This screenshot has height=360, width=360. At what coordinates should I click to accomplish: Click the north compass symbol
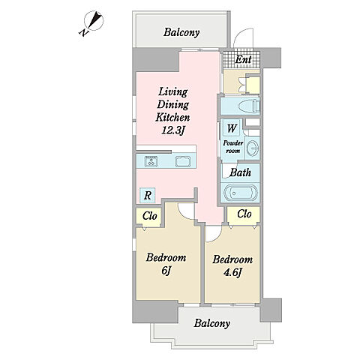(94, 21)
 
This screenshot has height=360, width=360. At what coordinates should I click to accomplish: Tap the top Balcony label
(181, 32)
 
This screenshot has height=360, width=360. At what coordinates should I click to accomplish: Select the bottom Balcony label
(212, 323)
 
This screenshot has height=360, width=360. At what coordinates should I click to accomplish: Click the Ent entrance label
(244, 59)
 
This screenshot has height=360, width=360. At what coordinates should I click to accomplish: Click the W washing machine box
(232, 128)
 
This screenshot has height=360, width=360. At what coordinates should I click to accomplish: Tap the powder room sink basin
(253, 148)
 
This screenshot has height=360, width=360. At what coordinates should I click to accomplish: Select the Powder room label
(233, 147)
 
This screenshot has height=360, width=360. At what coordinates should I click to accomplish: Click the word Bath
(240, 172)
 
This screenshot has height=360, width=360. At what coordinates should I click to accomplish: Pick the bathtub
(240, 193)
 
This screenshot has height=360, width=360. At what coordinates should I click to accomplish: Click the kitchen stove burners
(151, 161)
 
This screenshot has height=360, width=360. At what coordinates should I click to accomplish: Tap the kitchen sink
(183, 161)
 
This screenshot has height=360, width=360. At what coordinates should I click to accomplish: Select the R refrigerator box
(148, 195)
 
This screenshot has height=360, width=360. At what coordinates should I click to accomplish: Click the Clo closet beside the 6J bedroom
(149, 216)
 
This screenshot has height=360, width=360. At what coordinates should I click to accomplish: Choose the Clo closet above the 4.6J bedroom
(244, 214)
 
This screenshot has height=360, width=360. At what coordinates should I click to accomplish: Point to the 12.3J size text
(172, 130)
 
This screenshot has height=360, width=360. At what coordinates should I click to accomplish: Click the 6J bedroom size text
(166, 271)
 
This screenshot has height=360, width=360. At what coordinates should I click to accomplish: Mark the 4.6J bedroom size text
(232, 272)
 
